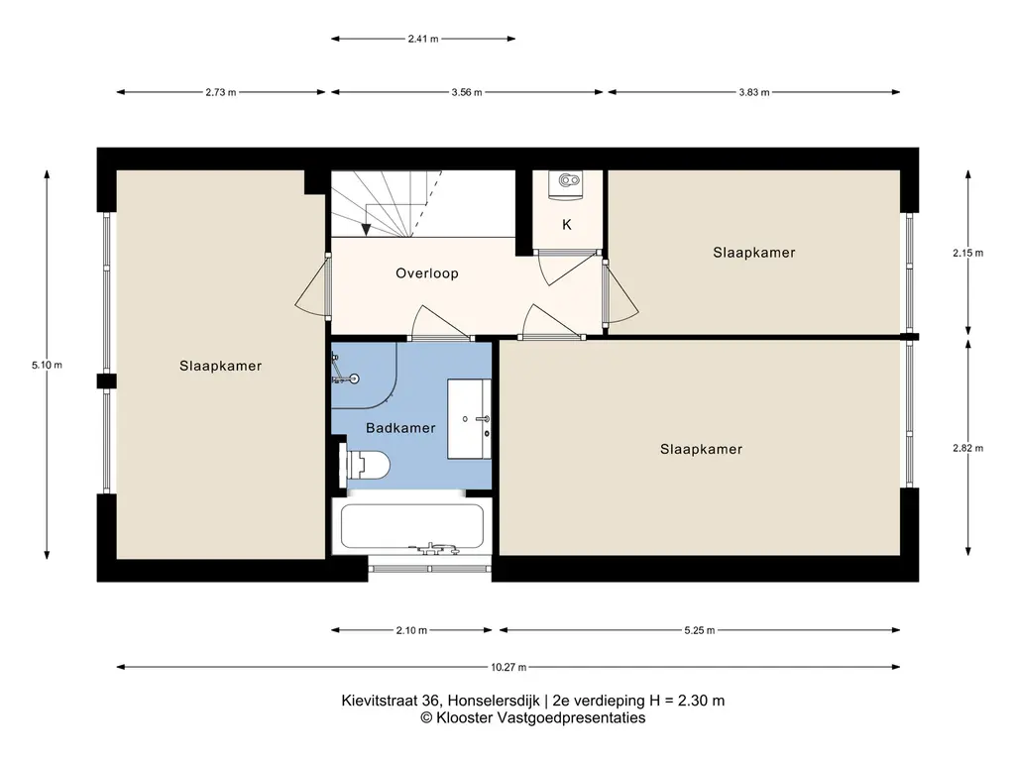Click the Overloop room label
(427, 273)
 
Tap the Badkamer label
(400, 428)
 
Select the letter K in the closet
(567, 225)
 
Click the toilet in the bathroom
(367, 464)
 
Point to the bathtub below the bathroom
(411, 527)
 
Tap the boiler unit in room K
(566, 181)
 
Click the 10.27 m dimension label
(508, 667)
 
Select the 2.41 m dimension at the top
(423, 39)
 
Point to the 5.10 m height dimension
(48, 365)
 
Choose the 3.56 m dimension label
(467, 92)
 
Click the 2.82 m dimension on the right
(967, 448)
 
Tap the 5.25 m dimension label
(700, 630)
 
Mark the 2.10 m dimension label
(411, 630)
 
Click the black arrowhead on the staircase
(367, 230)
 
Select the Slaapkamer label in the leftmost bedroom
(221, 366)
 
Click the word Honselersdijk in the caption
(494, 701)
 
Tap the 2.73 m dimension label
(221, 92)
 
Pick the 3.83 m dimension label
(754, 92)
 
